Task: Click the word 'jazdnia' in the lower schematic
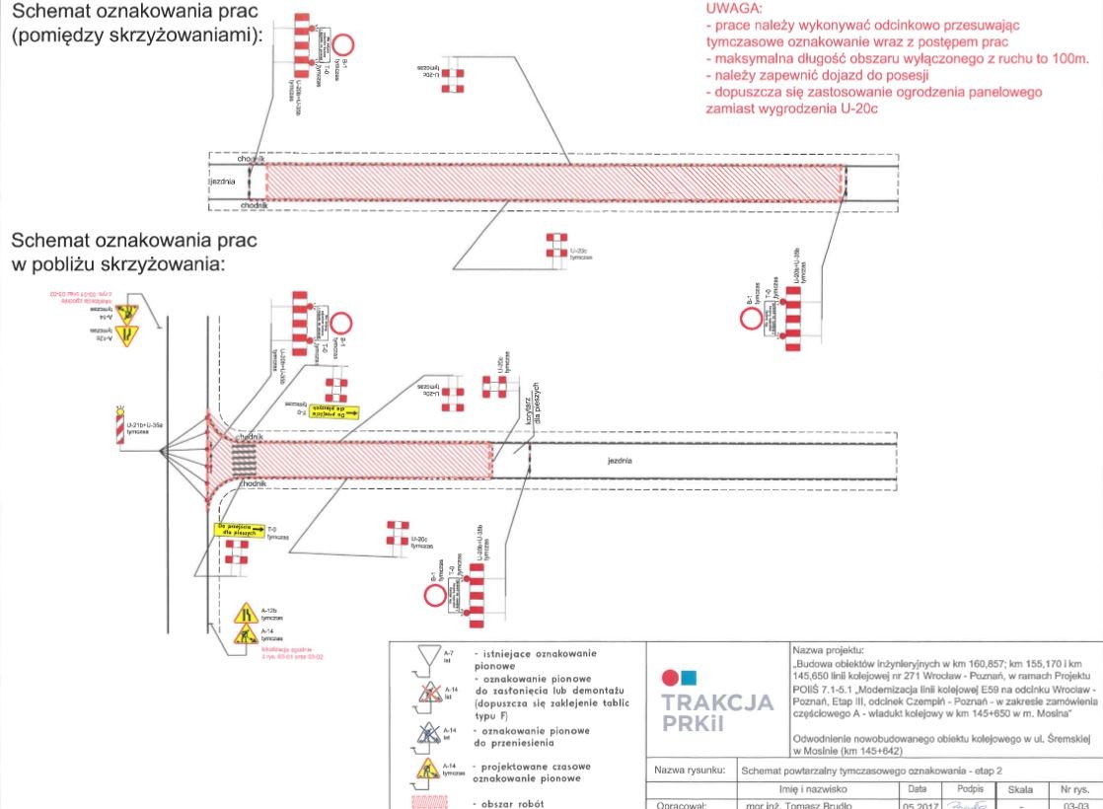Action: click(x=619, y=460)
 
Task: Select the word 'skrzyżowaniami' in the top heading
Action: click(x=193, y=36)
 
